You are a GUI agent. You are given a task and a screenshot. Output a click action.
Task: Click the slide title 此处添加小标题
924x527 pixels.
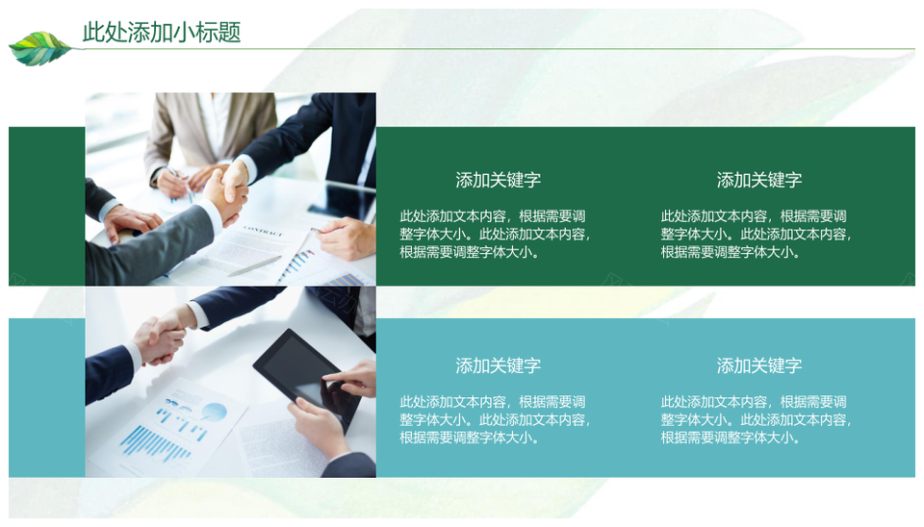(162, 32)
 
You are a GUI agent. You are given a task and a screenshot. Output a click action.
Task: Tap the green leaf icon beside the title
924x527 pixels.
(40, 48)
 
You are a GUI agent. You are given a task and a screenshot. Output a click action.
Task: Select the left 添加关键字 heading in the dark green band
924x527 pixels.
(498, 180)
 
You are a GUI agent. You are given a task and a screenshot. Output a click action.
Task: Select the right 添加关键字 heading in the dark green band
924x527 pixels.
(759, 180)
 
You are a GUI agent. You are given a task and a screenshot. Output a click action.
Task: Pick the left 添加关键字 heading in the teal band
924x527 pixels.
(498, 365)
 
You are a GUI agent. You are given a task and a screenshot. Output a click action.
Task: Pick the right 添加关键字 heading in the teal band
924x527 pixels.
(759, 365)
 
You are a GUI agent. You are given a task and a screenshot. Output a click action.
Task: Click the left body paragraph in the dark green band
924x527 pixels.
(495, 234)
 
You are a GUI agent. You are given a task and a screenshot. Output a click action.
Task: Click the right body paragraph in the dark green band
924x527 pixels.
(757, 234)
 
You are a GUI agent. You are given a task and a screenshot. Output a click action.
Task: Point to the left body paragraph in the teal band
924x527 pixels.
(495, 419)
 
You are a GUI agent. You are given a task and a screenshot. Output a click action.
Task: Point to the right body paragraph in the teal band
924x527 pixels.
(757, 419)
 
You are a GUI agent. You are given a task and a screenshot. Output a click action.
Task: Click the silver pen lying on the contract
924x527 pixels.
(254, 266)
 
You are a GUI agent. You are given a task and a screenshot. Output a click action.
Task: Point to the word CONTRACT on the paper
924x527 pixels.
(263, 230)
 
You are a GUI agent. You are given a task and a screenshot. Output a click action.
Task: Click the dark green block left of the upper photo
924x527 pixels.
(47, 206)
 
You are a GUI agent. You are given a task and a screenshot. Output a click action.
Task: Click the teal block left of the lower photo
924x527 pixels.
(47, 397)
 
